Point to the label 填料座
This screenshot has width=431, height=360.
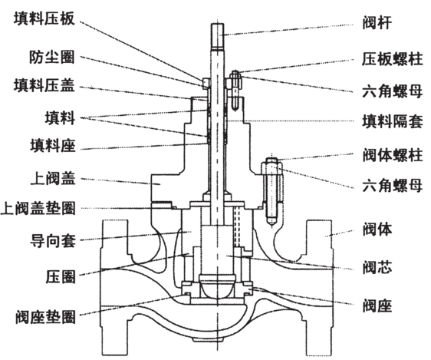click(51, 144)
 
